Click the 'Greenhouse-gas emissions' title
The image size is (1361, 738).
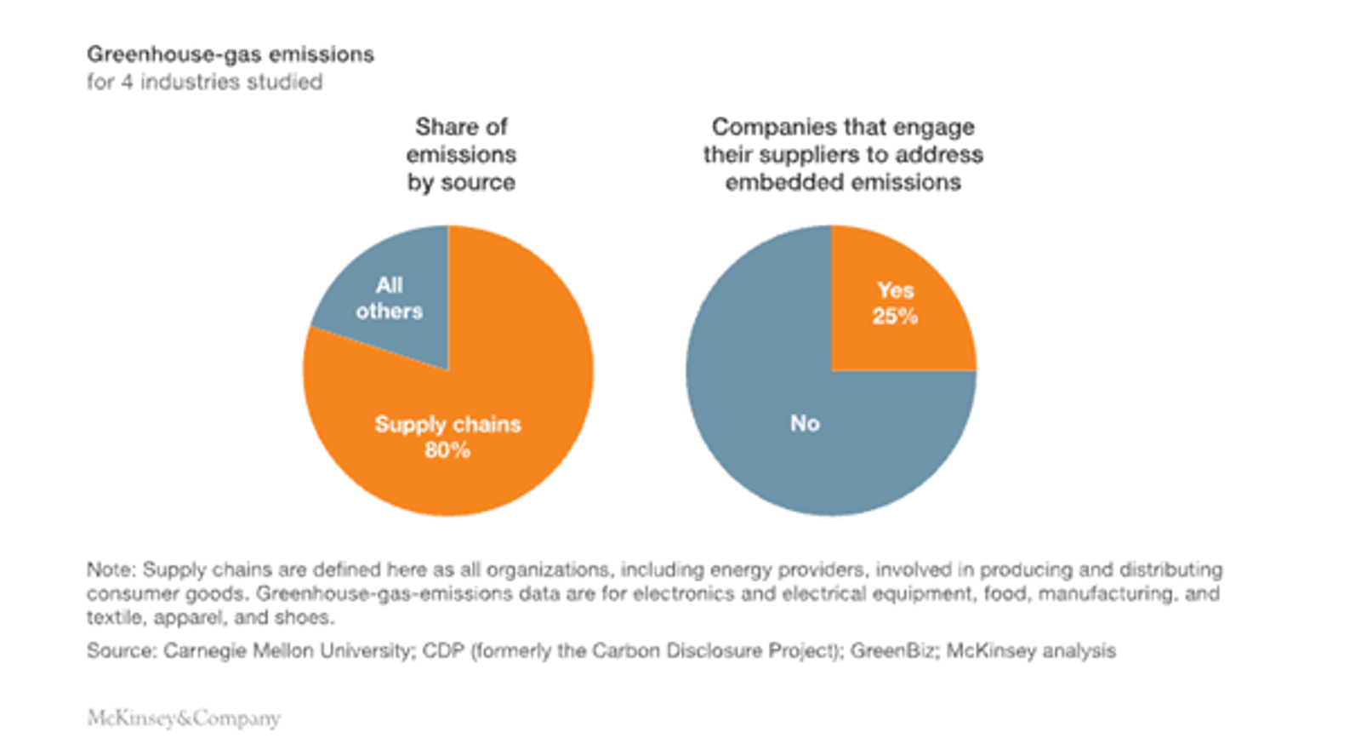230,54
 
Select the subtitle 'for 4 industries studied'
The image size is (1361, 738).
204,83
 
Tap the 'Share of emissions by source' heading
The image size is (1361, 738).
461,154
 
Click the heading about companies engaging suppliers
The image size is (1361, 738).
842,154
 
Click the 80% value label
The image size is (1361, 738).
447,450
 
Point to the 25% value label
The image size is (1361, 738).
894,317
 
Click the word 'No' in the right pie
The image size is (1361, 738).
805,423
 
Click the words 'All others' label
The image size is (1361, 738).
389,298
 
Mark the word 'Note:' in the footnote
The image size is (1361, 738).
111,569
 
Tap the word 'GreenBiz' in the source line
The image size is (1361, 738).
891,651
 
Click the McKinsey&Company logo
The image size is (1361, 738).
183,718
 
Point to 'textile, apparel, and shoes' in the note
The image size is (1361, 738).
210,618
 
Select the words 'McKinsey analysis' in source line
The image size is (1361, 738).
1030,651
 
